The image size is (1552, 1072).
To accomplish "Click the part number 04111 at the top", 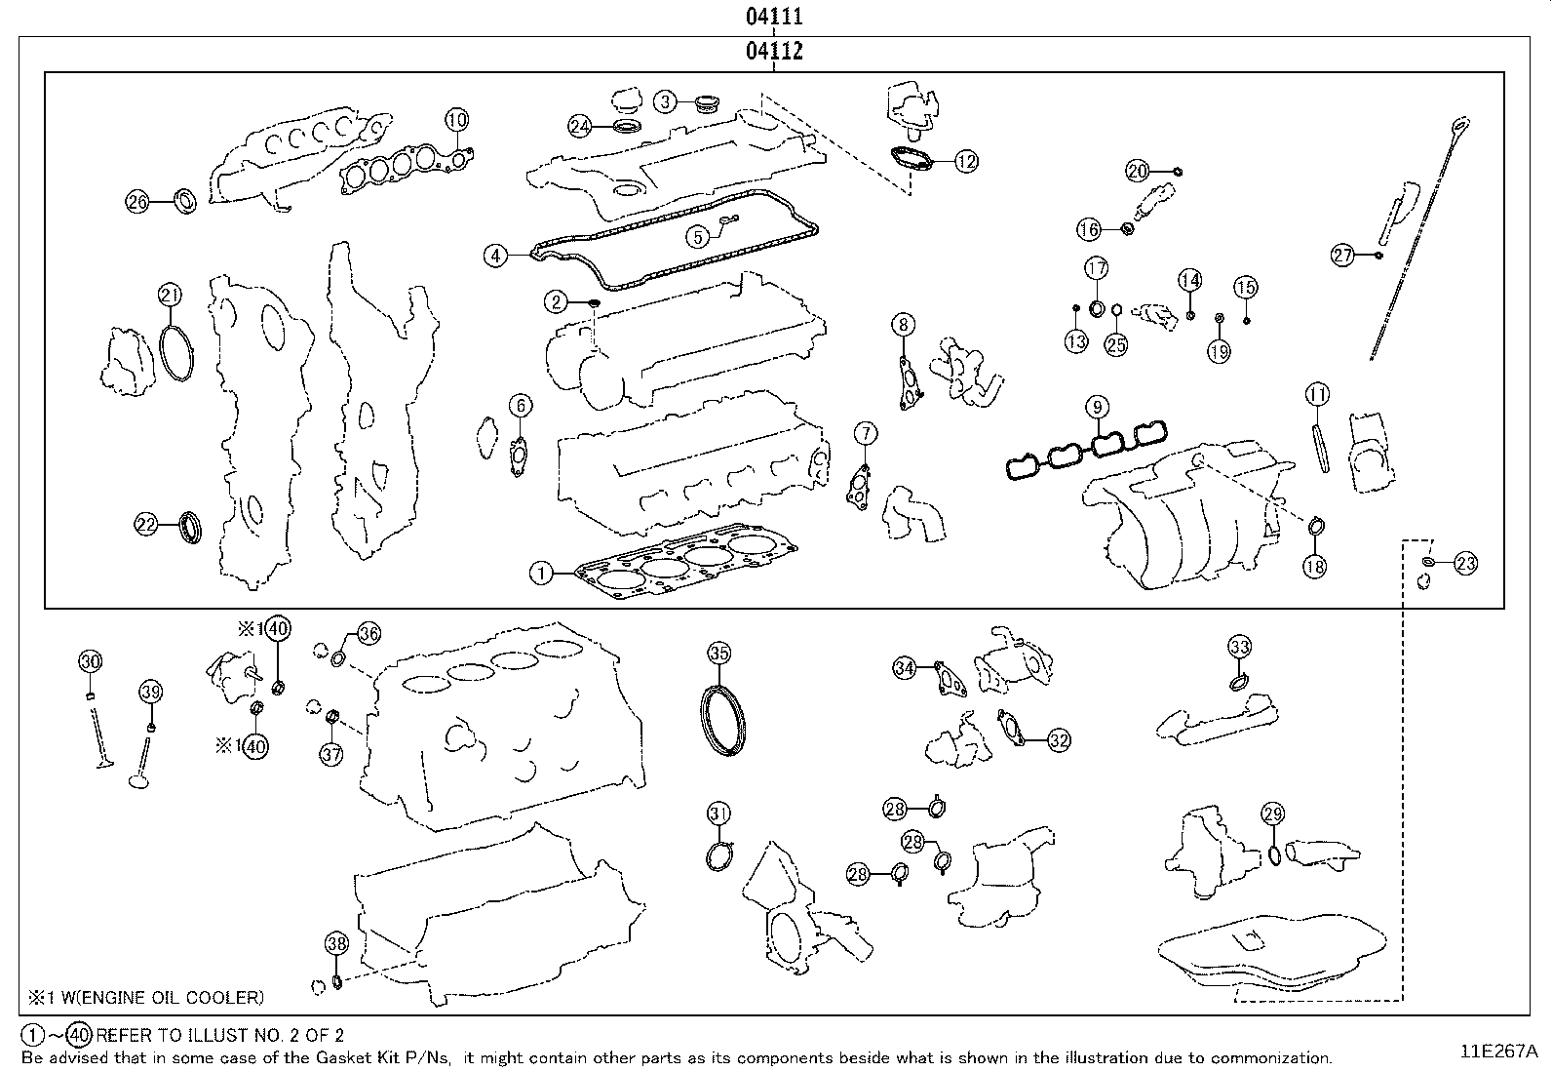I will (x=774, y=17).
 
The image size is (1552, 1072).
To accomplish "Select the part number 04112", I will (x=774, y=52).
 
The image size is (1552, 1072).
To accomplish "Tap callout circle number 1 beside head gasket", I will (x=541, y=573).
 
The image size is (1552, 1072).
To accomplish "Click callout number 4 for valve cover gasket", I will (x=496, y=256).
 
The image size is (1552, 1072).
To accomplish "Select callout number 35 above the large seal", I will (x=718, y=653).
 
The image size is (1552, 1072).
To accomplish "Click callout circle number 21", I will (x=171, y=295).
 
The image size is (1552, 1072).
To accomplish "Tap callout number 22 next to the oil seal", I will (x=146, y=525).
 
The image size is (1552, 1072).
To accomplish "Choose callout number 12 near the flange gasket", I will (x=965, y=162).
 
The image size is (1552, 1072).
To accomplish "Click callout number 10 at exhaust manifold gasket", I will (x=457, y=120).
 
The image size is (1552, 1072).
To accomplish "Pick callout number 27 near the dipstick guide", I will (x=1343, y=256).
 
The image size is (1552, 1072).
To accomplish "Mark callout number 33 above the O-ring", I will (x=1239, y=647).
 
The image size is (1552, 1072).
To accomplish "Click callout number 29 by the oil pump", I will (x=1272, y=814).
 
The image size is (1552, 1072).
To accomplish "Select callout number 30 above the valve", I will (x=90, y=661).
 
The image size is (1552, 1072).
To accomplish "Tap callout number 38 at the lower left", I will (x=335, y=943).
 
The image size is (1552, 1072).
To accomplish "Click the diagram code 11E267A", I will (x=1497, y=1051).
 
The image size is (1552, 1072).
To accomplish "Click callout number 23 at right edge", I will (x=1465, y=563).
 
